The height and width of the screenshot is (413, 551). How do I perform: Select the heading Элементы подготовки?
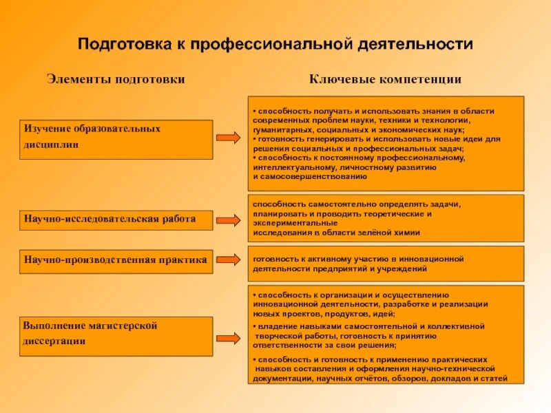[x=116, y=79]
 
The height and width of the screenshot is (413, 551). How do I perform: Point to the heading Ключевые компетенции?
[x=385, y=79]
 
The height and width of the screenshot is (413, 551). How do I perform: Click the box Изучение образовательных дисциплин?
[x=116, y=139]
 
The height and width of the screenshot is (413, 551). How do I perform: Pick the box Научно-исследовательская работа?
[x=116, y=219]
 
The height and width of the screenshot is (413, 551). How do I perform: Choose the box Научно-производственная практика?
[x=116, y=261]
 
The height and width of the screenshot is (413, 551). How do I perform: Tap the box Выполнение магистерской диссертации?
[x=116, y=336]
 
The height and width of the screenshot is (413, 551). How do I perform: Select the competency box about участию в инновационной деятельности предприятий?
[x=386, y=263]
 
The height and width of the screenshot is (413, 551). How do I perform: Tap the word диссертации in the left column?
[x=54, y=341]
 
